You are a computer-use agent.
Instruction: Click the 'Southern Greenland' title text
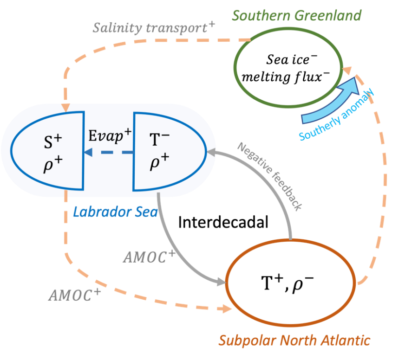tap(296, 15)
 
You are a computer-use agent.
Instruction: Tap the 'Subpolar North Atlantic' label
tap(294, 341)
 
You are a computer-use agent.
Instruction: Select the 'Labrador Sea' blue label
tap(115, 212)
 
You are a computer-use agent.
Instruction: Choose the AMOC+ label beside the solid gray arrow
tap(148, 257)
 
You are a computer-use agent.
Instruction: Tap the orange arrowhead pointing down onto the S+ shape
tap(66, 107)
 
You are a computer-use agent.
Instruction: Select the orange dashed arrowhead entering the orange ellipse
tap(226, 308)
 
